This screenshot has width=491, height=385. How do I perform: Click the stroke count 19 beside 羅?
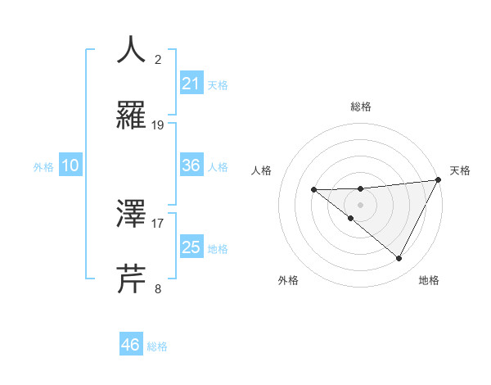pyautogui.click(x=158, y=125)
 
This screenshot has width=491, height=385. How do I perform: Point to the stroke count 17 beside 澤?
pyautogui.click(x=158, y=222)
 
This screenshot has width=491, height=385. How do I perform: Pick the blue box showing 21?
pyautogui.click(x=191, y=84)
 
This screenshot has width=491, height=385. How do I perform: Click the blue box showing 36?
pyautogui.click(x=191, y=165)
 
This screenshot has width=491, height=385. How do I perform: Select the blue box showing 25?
pyautogui.click(x=191, y=247)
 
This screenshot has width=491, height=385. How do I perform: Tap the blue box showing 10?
pyautogui.click(x=70, y=165)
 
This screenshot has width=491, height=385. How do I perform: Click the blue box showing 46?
pyautogui.click(x=131, y=345)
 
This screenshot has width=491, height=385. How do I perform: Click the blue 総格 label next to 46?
pyautogui.click(x=157, y=346)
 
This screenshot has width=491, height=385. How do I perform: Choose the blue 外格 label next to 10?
pyautogui.click(x=43, y=167)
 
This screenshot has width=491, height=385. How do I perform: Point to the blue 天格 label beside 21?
pyautogui.click(x=218, y=85)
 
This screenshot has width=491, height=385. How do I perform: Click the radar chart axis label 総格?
pyautogui.click(x=360, y=107)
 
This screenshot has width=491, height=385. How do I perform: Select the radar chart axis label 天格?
pyautogui.click(x=460, y=170)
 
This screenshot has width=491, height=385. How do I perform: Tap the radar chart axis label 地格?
pyautogui.click(x=429, y=281)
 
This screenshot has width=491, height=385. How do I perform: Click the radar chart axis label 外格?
pyautogui.click(x=288, y=281)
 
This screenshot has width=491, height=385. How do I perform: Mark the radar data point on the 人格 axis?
pyautogui.click(x=313, y=190)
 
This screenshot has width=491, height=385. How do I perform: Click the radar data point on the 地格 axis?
pyautogui.click(x=399, y=259)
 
